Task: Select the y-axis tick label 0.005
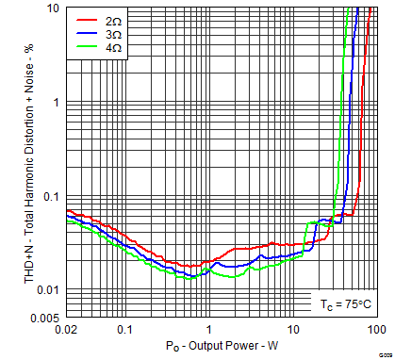coord(47,318)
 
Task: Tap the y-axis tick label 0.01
coord(51,289)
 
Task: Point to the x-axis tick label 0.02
coord(66,330)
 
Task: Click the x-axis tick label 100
coord(375,330)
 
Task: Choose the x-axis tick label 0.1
coord(124,330)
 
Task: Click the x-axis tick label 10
coord(292,330)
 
